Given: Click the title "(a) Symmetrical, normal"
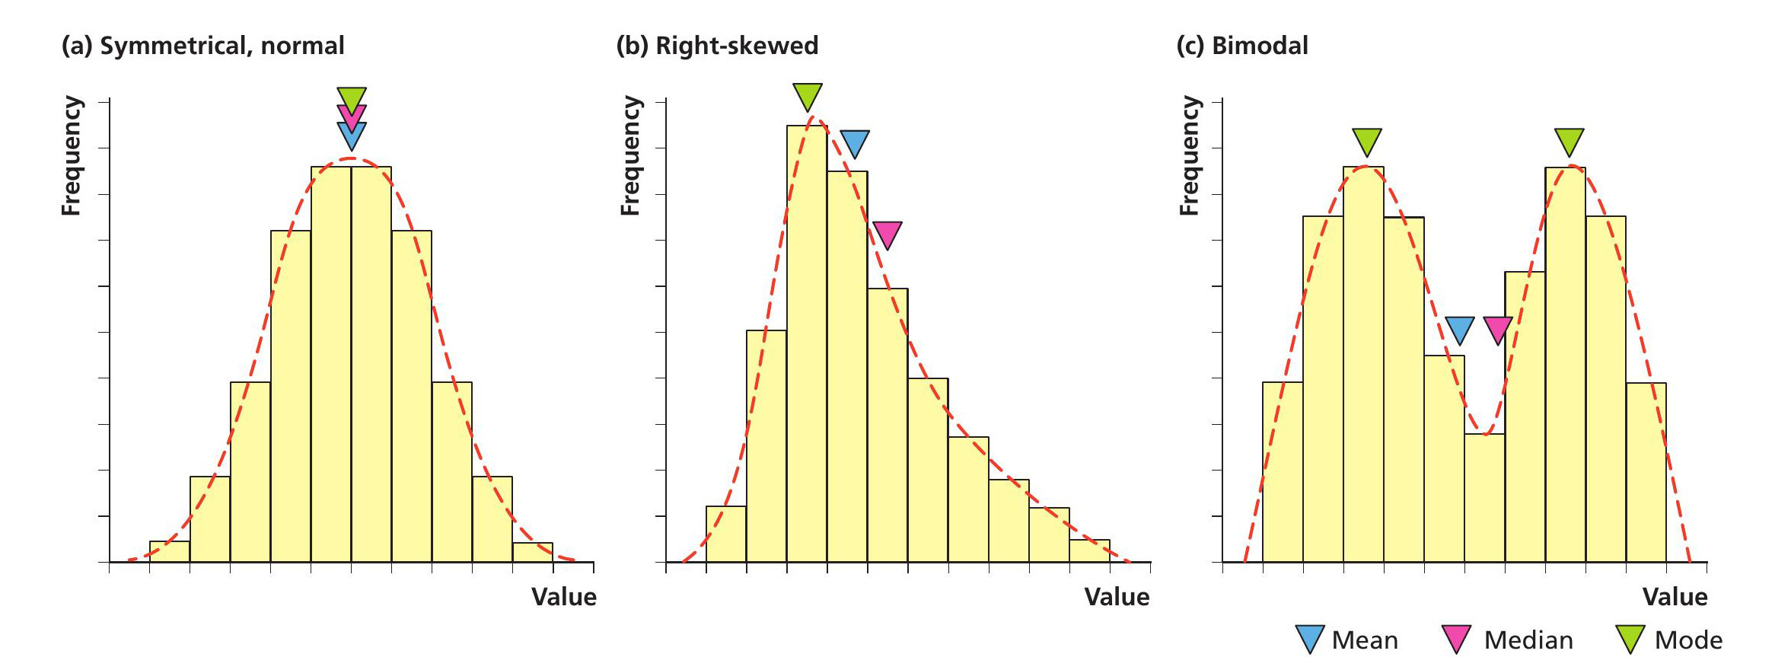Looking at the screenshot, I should (202, 46).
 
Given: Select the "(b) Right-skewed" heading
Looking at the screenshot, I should (717, 46).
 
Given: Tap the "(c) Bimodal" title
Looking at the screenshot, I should (1242, 46).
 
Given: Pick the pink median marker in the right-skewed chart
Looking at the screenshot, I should (888, 233).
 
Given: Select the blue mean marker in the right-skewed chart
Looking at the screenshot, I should (854, 142).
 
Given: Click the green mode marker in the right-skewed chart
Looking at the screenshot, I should (807, 95).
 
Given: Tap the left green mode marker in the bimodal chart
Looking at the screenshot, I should (1367, 140).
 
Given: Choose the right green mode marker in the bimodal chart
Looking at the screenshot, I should (1569, 140).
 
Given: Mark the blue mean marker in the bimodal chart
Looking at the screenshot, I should (1459, 329).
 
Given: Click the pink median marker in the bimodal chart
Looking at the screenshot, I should (1498, 329).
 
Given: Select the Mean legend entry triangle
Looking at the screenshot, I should (1309, 638).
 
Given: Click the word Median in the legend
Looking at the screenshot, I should (1528, 640).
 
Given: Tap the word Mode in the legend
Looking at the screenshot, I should (1688, 640).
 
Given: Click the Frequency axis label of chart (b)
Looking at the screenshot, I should (630, 155).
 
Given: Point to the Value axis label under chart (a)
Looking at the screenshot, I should (563, 596).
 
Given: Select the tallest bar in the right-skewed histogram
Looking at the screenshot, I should (807, 343).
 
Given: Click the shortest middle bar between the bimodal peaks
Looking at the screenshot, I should (1484, 498).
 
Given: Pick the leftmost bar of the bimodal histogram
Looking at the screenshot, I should (1283, 472).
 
